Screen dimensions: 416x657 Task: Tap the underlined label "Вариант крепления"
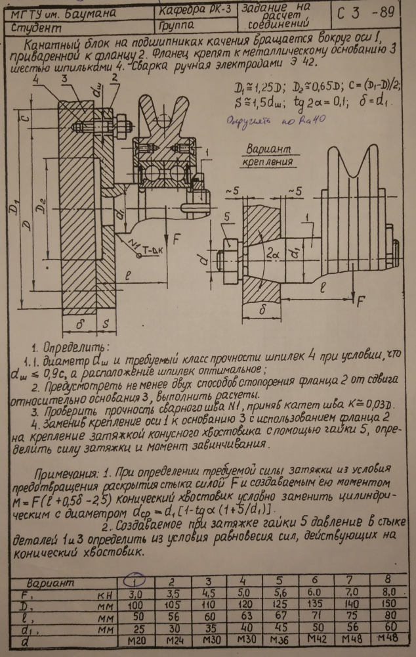tap(269, 155)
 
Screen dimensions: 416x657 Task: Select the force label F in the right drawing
tap(360, 304)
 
